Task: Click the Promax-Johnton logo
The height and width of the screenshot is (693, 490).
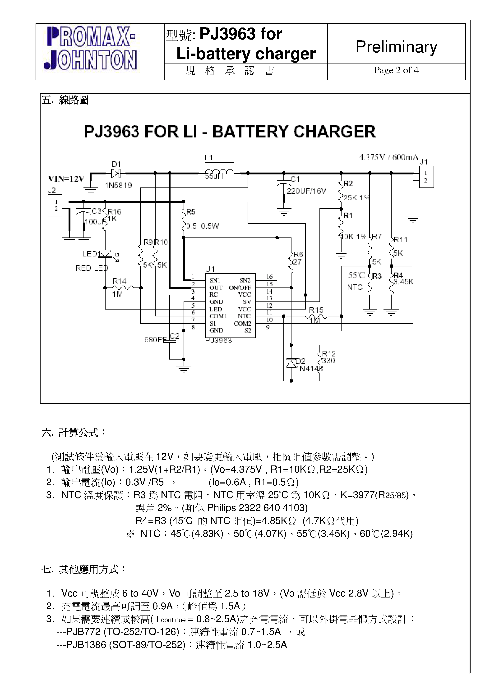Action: [x=92, y=48]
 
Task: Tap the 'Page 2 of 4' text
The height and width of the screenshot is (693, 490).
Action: [x=396, y=70]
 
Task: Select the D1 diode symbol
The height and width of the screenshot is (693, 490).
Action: [x=116, y=173]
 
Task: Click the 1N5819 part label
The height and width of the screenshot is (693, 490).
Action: [x=118, y=185]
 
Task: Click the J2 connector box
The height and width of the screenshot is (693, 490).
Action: [x=55, y=205]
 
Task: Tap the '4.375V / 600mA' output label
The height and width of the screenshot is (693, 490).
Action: [x=388, y=157]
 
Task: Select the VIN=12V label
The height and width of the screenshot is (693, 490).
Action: [x=66, y=179]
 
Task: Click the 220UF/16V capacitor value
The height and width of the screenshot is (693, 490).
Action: [x=306, y=191]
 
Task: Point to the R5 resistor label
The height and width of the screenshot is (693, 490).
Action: [x=191, y=212]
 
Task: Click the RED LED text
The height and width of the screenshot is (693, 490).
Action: [x=92, y=268]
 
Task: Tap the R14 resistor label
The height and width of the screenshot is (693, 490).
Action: [x=119, y=281]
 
